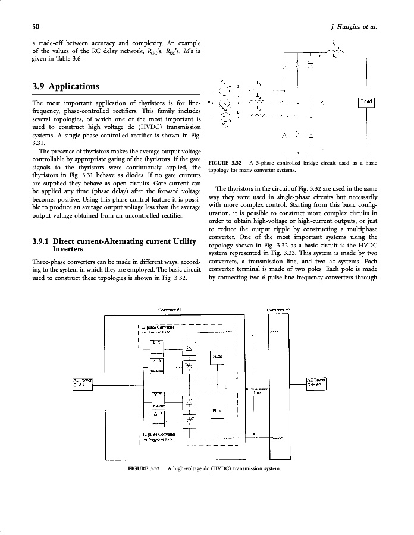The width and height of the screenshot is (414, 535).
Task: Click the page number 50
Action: pyautogui.click(x=36, y=27)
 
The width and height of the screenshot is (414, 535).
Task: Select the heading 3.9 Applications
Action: pyautogui.click(x=66, y=86)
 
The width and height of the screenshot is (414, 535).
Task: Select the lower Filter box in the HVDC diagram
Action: pyautogui.click(x=217, y=410)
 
